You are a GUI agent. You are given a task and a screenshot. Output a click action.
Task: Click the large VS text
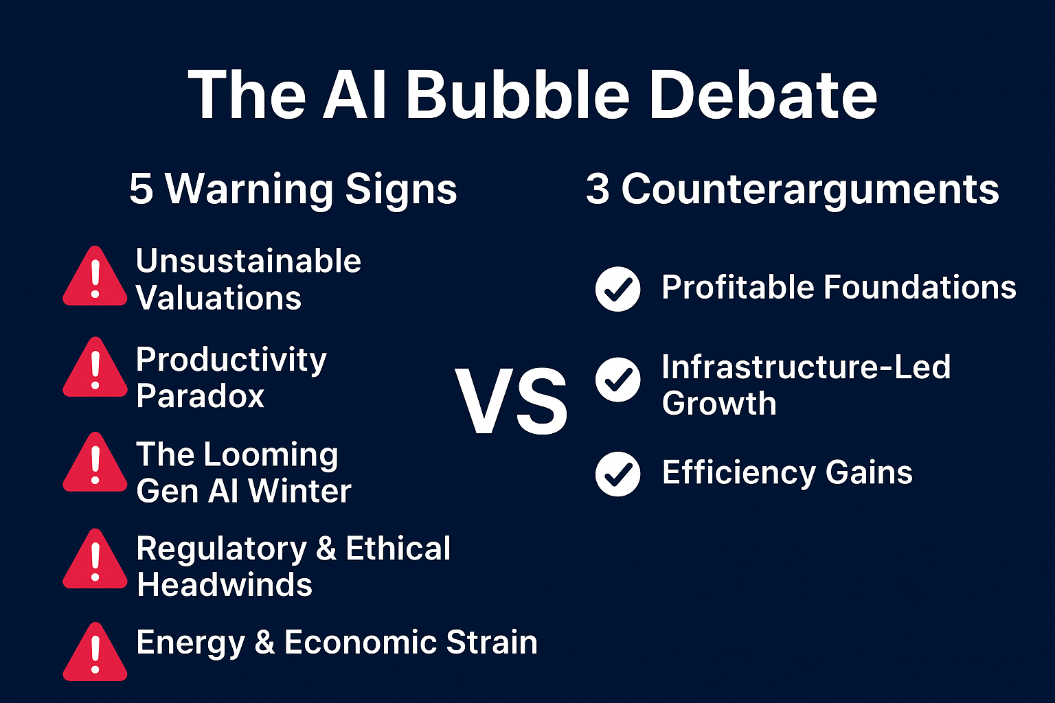point(512,401)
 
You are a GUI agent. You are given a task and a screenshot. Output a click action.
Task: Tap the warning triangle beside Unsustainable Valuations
point(95,276)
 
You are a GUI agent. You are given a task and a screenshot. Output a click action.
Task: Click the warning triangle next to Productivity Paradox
point(95,367)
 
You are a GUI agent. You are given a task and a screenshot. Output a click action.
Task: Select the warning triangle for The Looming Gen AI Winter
point(95,463)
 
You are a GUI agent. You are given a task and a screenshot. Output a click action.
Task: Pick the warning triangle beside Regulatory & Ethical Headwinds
point(95,559)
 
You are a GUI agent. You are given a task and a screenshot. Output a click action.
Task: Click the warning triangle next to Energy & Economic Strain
point(95,652)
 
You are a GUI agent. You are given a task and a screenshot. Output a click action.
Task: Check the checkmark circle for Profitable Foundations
point(618,289)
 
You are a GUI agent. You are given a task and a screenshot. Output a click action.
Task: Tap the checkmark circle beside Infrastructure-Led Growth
point(618,380)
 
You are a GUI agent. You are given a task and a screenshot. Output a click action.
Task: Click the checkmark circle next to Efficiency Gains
point(618,474)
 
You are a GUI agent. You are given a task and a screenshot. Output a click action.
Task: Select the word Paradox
point(201,395)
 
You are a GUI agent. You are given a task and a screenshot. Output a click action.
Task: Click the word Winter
point(299,491)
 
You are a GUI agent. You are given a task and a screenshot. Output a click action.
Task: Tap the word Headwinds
point(225,585)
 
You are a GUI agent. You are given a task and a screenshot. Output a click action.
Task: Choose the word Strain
point(492,643)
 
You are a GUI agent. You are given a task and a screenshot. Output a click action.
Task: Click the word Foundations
point(920,287)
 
